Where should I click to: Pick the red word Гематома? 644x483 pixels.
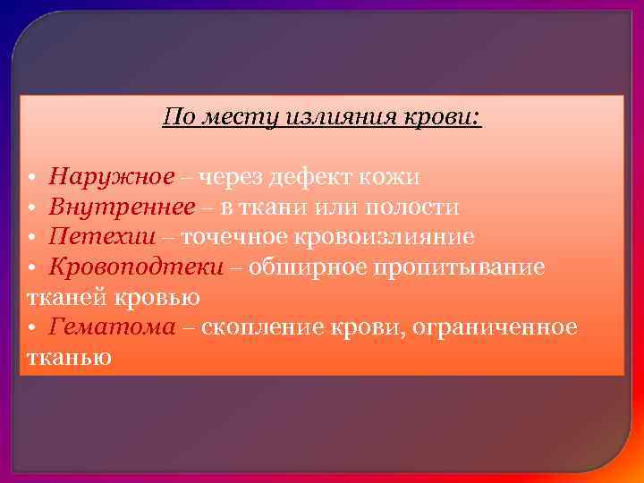[x=113, y=326]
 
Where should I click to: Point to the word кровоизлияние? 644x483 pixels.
[x=392, y=237]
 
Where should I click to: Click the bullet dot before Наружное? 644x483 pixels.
[x=31, y=178]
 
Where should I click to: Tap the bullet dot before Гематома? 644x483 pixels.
[x=31, y=328]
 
